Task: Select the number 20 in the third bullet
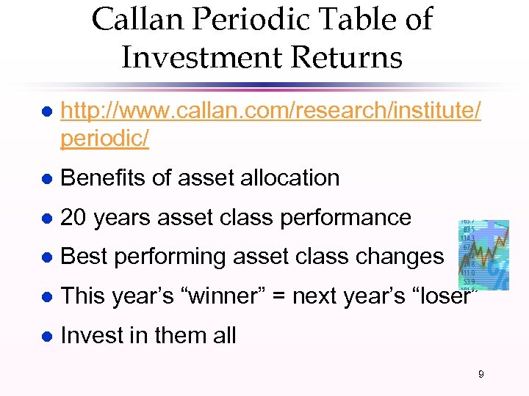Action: click(71, 217)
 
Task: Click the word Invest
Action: click(93, 336)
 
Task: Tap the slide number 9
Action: click(481, 375)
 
